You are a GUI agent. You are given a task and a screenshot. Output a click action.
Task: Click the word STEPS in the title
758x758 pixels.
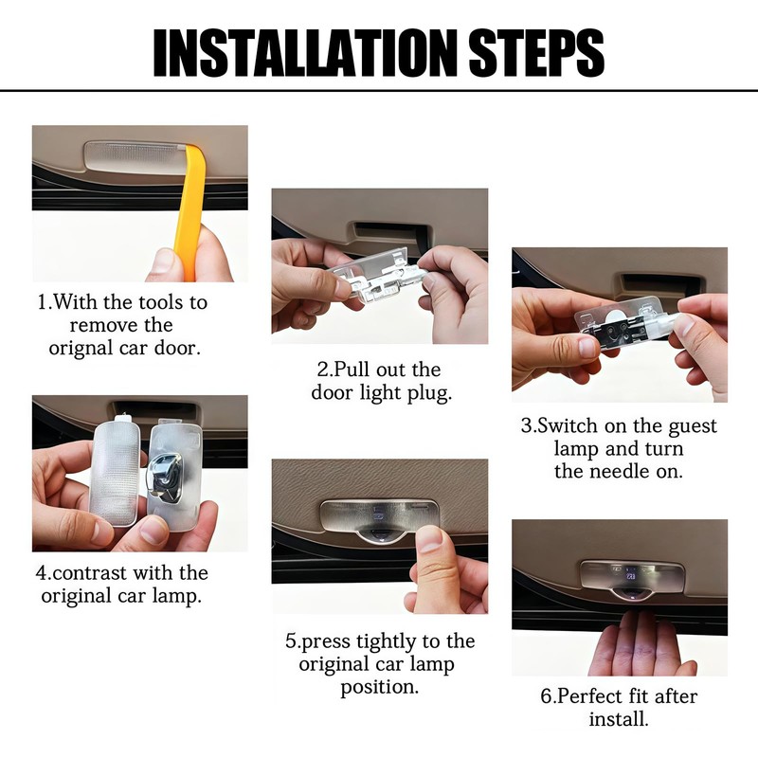coord(536,52)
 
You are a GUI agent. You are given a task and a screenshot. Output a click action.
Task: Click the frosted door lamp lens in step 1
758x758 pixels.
coord(134,157)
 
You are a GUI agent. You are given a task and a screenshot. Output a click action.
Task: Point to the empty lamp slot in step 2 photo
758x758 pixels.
coord(384,232)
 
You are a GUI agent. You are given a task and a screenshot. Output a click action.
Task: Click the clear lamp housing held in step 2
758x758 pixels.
coord(377,276)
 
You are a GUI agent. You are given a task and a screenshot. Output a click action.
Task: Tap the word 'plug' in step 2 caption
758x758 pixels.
coord(429,393)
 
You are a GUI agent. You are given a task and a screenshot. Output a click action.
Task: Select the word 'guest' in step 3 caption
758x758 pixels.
coord(693,427)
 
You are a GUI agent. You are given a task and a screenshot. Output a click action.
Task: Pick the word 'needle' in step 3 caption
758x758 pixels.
coord(622,471)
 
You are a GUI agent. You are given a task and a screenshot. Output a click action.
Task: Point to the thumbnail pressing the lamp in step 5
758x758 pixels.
coord(429,538)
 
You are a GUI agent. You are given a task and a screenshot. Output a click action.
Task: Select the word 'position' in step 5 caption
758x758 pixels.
coord(376,688)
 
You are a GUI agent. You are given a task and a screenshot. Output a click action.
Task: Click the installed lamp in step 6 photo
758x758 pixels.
coord(632,580)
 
